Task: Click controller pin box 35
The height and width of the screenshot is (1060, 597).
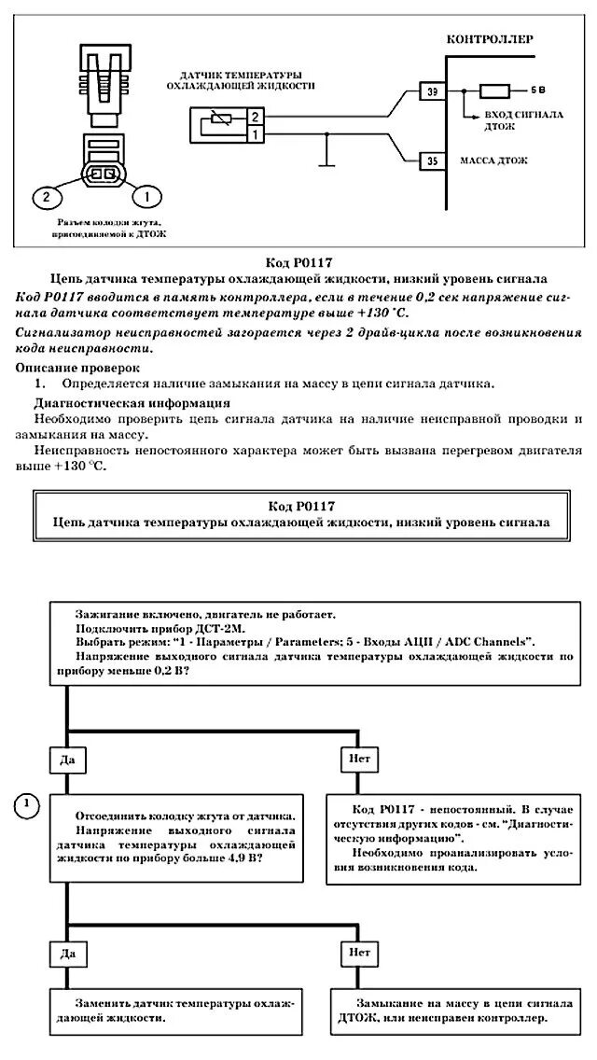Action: (430, 160)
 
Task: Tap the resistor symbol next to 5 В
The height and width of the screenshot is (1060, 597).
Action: (494, 91)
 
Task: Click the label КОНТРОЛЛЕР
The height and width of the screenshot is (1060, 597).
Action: (490, 40)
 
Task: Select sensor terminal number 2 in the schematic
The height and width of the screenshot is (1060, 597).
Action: (255, 117)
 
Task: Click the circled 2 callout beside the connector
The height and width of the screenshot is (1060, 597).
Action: (44, 196)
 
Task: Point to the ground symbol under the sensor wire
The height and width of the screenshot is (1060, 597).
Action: (326, 167)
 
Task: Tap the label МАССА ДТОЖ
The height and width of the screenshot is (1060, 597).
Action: (494, 160)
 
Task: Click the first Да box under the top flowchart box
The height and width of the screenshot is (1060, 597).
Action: (66, 760)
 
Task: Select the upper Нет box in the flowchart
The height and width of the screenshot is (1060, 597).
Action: (360, 760)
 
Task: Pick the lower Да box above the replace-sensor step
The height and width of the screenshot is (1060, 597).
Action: (66, 954)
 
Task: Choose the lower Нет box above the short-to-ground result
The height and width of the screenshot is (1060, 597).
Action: (360, 954)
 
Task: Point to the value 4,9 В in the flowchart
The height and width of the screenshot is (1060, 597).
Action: (244, 858)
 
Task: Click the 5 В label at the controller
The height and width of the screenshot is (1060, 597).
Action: (538, 91)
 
